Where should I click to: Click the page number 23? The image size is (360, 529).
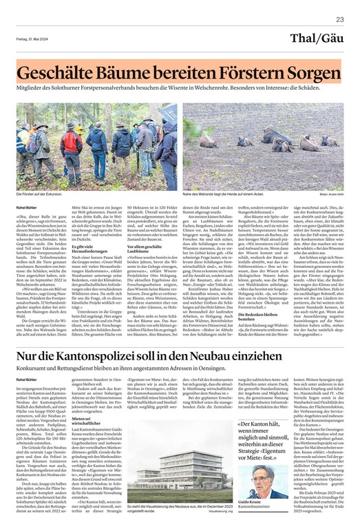339,20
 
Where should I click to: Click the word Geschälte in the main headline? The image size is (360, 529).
59,72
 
